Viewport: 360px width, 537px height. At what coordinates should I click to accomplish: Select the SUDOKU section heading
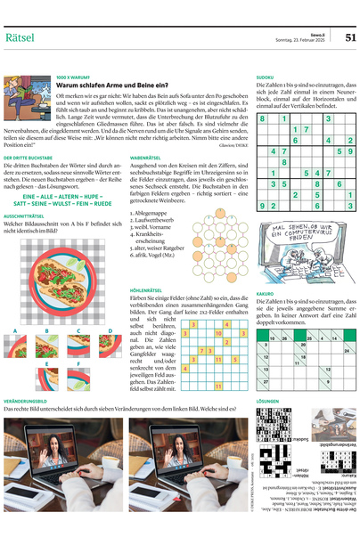tap(265, 77)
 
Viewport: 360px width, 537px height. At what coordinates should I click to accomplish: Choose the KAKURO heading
tap(265, 292)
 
